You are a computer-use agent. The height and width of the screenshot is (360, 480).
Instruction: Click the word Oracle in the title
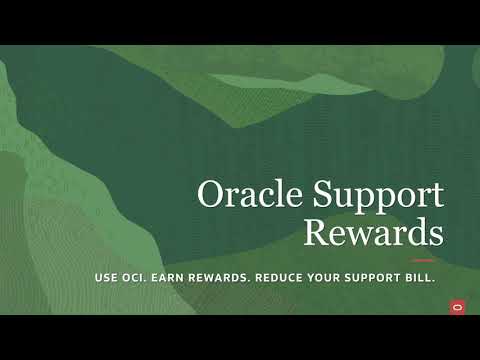click(246, 195)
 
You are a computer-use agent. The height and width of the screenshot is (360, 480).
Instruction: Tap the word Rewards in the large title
click(372, 233)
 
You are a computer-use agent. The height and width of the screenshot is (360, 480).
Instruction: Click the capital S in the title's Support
click(310, 195)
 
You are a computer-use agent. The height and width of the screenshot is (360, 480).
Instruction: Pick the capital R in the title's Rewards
click(316, 233)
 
